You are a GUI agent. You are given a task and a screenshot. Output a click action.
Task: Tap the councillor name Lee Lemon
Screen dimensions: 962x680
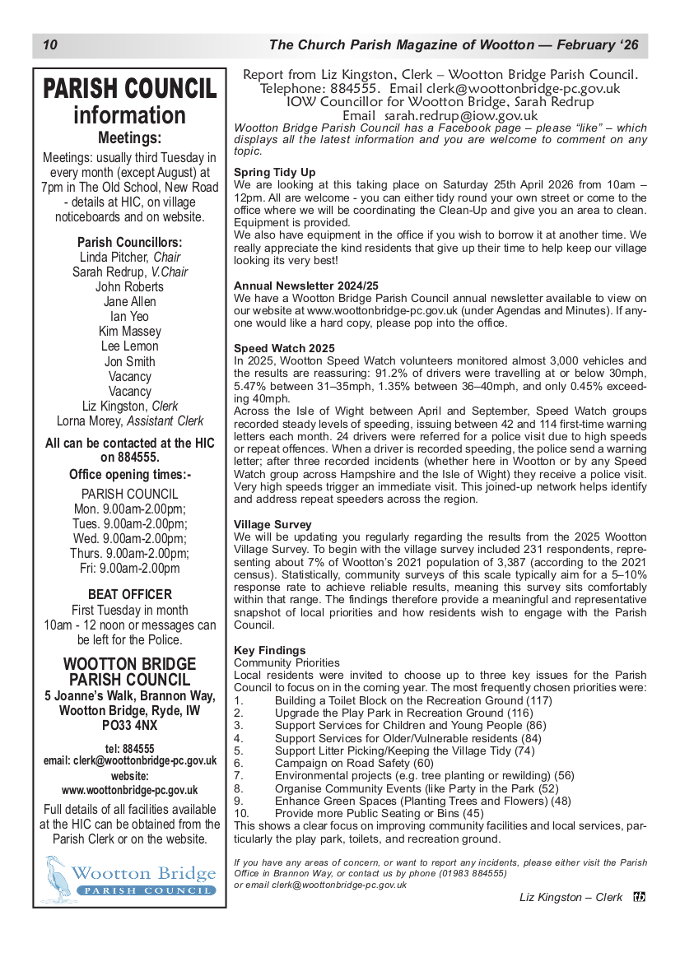pyautogui.click(x=130, y=346)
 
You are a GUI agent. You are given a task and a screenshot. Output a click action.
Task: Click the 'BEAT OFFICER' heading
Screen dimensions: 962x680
pyautogui.click(x=130, y=594)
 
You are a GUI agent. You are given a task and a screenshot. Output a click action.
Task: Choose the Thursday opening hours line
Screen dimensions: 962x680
pyautogui.click(x=130, y=553)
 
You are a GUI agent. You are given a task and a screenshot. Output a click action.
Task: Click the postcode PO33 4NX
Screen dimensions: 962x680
pyautogui.click(x=130, y=726)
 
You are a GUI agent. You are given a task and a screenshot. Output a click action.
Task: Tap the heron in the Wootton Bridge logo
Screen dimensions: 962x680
pyautogui.click(x=58, y=877)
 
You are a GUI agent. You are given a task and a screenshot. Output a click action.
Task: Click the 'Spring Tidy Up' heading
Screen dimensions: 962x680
pyautogui.click(x=275, y=172)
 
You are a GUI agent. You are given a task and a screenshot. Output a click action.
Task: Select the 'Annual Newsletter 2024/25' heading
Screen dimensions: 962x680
pyautogui.click(x=306, y=286)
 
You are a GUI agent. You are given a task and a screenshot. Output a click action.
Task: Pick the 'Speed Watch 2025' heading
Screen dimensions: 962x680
pyautogui.click(x=284, y=348)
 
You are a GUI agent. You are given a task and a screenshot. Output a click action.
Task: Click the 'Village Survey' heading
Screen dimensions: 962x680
pyautogui.click(x=272, y=524)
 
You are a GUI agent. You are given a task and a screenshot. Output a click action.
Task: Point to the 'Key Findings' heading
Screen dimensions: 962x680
pyautogui.click(x=270, y=650)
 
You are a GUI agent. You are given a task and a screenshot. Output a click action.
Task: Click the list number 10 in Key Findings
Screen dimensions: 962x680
pyautogui.click(x=241, y=813)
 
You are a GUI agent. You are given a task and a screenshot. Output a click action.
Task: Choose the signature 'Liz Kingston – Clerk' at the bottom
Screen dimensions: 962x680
pyautogui.click(x=571, y=897)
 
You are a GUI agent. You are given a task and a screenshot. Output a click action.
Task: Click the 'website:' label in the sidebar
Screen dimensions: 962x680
pyautogui.click(x=130, y=776)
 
